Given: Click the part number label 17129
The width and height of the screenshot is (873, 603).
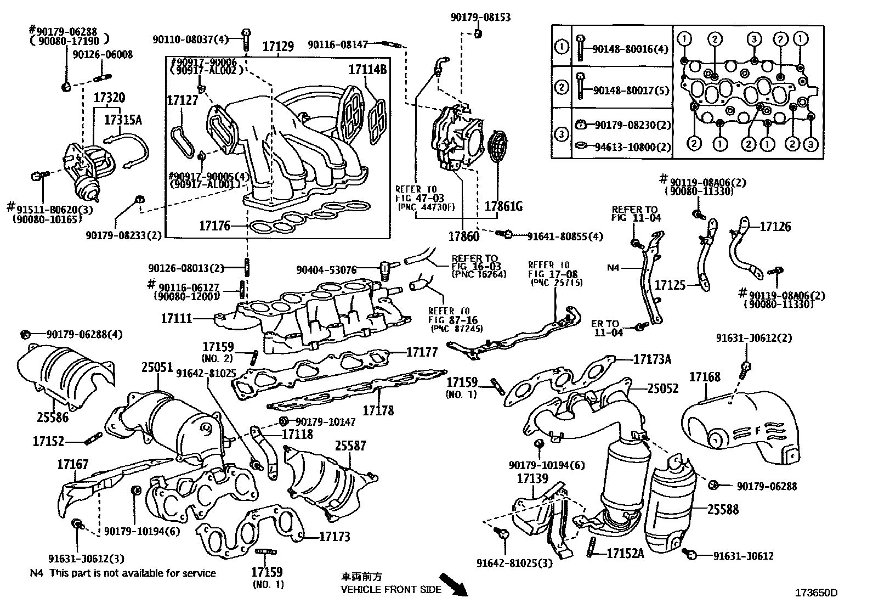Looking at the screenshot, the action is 278,47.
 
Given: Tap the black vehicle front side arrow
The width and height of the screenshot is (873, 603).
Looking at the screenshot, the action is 453,584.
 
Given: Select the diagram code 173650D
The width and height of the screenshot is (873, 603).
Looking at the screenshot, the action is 816,593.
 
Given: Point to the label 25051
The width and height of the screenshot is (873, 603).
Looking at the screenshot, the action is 157,367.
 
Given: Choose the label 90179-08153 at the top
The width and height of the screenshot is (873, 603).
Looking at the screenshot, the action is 480,17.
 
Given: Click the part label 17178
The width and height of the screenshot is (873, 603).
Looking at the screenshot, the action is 378,410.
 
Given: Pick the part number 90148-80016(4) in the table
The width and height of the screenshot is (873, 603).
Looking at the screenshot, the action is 630,49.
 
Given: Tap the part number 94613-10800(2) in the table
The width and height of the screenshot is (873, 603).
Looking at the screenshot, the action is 632,147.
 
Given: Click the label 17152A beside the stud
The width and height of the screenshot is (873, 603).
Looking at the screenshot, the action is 625,553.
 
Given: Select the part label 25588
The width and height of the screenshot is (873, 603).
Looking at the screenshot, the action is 723,509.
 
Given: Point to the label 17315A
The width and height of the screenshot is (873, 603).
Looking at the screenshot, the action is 123,120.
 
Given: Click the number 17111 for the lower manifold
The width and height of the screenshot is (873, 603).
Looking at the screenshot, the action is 177,319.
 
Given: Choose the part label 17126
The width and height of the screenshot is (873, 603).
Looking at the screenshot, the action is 775,226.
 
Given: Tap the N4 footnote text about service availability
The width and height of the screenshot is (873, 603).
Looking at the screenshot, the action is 123,573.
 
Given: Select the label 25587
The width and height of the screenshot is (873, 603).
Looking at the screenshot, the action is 351,446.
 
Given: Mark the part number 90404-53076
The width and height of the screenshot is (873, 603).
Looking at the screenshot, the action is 326,270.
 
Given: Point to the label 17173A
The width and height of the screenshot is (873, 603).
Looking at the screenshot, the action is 652,359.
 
